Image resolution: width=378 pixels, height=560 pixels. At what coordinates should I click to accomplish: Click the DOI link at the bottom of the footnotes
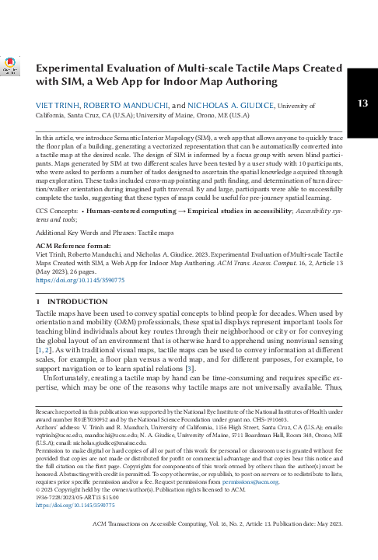tap(69, 527)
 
